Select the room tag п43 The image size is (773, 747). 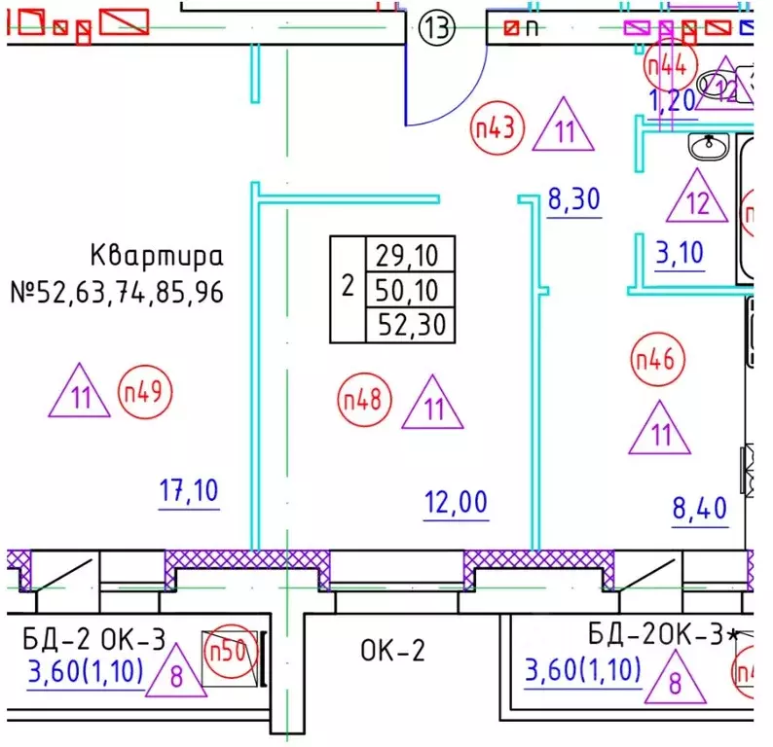(x=497, y=127)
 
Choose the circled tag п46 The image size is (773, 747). (x=654, y=359)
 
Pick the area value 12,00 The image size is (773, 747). (x=456, y=503)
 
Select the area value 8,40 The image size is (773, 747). (x=701, y=508)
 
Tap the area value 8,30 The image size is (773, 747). (x=574, y=200)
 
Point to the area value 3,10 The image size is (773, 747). (x=681, y=254)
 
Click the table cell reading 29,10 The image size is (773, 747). (x=409, y=257)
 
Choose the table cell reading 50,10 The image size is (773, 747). (x=409, y=290)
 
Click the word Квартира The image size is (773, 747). (x=157, y=257)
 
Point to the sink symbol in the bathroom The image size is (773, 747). (x=709, y=146)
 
